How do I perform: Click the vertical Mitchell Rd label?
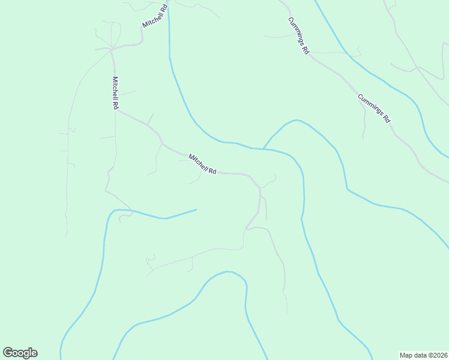(114, 93)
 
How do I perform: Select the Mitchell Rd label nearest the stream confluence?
(202, 164)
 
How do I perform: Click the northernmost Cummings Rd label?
(298, 36)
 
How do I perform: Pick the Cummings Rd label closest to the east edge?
(374, 109)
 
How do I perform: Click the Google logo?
(20, 353)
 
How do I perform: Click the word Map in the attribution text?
(406, 355)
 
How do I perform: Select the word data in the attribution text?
(420, 355)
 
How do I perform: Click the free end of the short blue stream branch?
(196, 209)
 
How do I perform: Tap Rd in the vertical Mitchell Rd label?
(114, 104)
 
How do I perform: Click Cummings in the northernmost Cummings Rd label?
(297, 32)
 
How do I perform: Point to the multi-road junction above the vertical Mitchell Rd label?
(111, 48)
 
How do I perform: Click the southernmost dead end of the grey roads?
(287, 313)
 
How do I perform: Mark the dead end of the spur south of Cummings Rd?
(363, 139)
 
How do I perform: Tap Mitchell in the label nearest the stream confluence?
(199, 161)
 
